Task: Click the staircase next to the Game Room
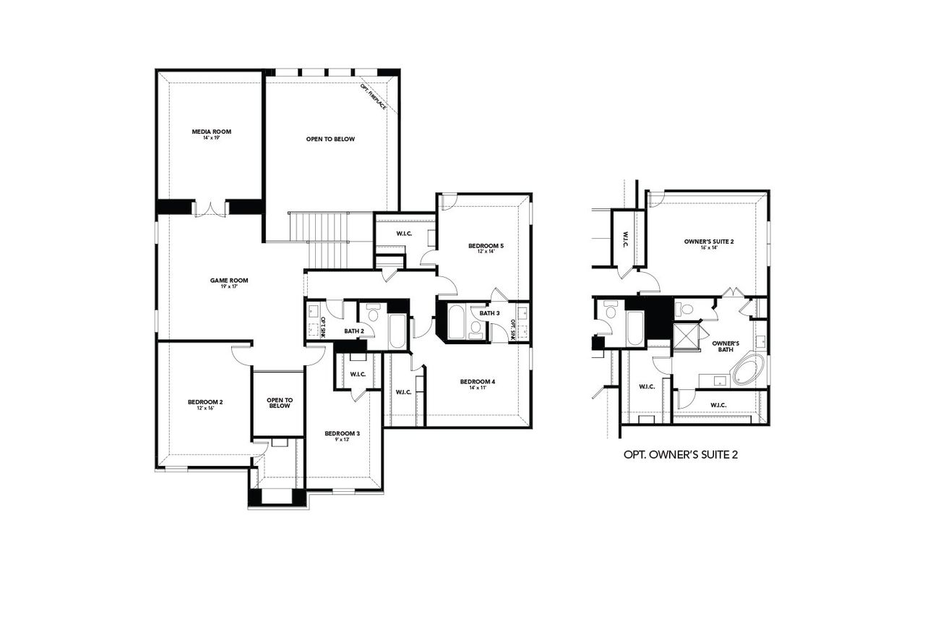coord(330,239)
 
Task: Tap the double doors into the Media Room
coord(211,208)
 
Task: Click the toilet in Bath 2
coord(374,314)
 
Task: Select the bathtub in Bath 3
coord(457,323)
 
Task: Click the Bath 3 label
coord(489,312)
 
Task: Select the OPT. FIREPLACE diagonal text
coord(374,97)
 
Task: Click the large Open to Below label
coord(330,140)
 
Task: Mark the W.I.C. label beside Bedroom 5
coord(404,234)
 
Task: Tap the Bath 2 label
coord(353,331)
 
